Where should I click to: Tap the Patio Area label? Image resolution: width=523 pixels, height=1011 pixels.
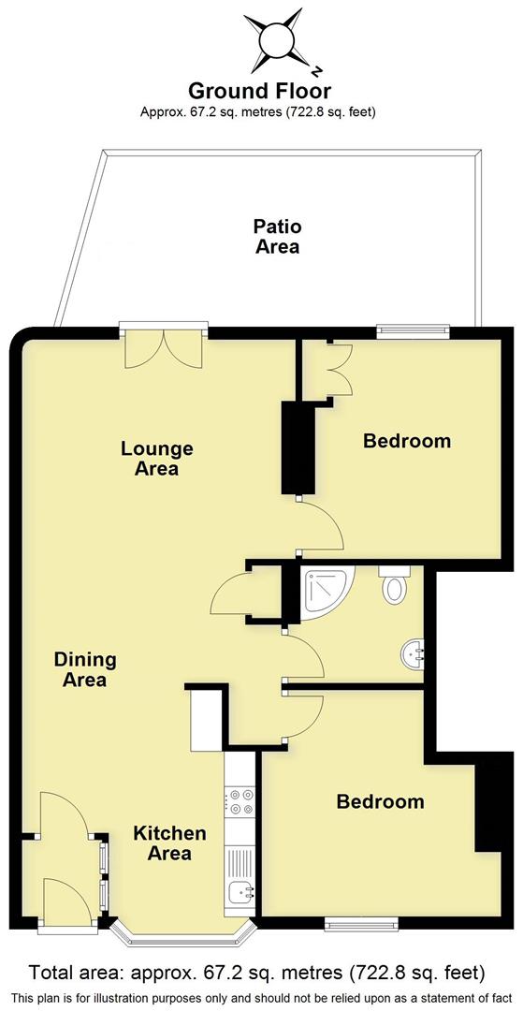click(x=278, y=236)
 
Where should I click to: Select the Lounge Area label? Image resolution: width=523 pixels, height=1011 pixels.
click(x=156, y=459)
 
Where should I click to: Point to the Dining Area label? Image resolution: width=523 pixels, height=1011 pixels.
click(x=84, y=669)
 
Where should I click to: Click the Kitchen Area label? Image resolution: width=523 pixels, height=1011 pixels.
click(x=168, y=842)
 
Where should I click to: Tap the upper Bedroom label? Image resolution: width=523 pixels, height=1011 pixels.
click(x=407, y=441)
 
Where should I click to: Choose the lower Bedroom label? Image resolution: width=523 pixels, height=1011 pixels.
click(x=380, y=802)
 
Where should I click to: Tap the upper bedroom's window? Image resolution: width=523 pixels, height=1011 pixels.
click(x=413, y=330)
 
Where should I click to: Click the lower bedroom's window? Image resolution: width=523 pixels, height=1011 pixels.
click(x=360, y=925)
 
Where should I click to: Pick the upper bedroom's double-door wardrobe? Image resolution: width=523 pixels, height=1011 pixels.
click(x=331, y=370)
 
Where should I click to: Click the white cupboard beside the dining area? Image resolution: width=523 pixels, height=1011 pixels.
click(x=207, y=720)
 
